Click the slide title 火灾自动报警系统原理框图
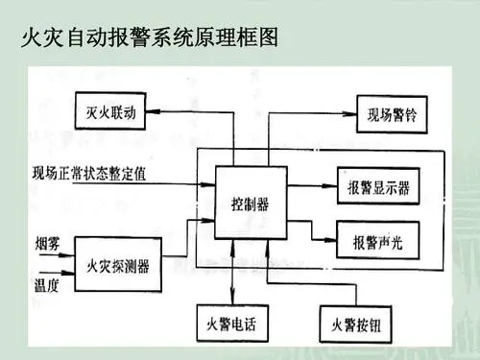(x=150, y=37)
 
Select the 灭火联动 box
(x=110, y=111)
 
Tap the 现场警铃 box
(x=392, y=114)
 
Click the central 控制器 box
(x=251, y=203)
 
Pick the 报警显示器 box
(x=378, y=186)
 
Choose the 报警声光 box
(x=377, y=240)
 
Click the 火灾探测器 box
(x=118, y=264)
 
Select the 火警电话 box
(x=232, y=324)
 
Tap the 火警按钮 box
(x=356, y=324)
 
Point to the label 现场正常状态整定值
(x=89, y=173)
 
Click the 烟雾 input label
(x=47, y=244)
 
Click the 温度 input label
(x=47, y=285)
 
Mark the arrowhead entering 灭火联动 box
(x=153, y=111)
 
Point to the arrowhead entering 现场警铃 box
(x=349, y=113)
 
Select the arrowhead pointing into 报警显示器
(x=330, y=185)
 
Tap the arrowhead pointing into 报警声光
(x=329, y=240)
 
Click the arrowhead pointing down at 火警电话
(x=232, y=298)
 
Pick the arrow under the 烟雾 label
(x=57, y=255)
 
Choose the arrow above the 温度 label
(x=57, y=273)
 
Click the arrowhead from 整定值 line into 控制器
(x=207, y=184)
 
